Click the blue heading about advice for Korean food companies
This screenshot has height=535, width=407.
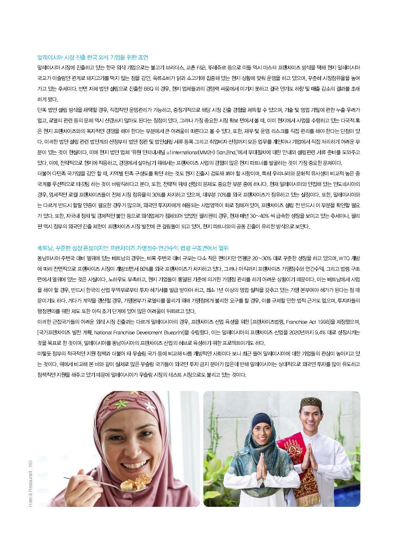click(x=95, y=58)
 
